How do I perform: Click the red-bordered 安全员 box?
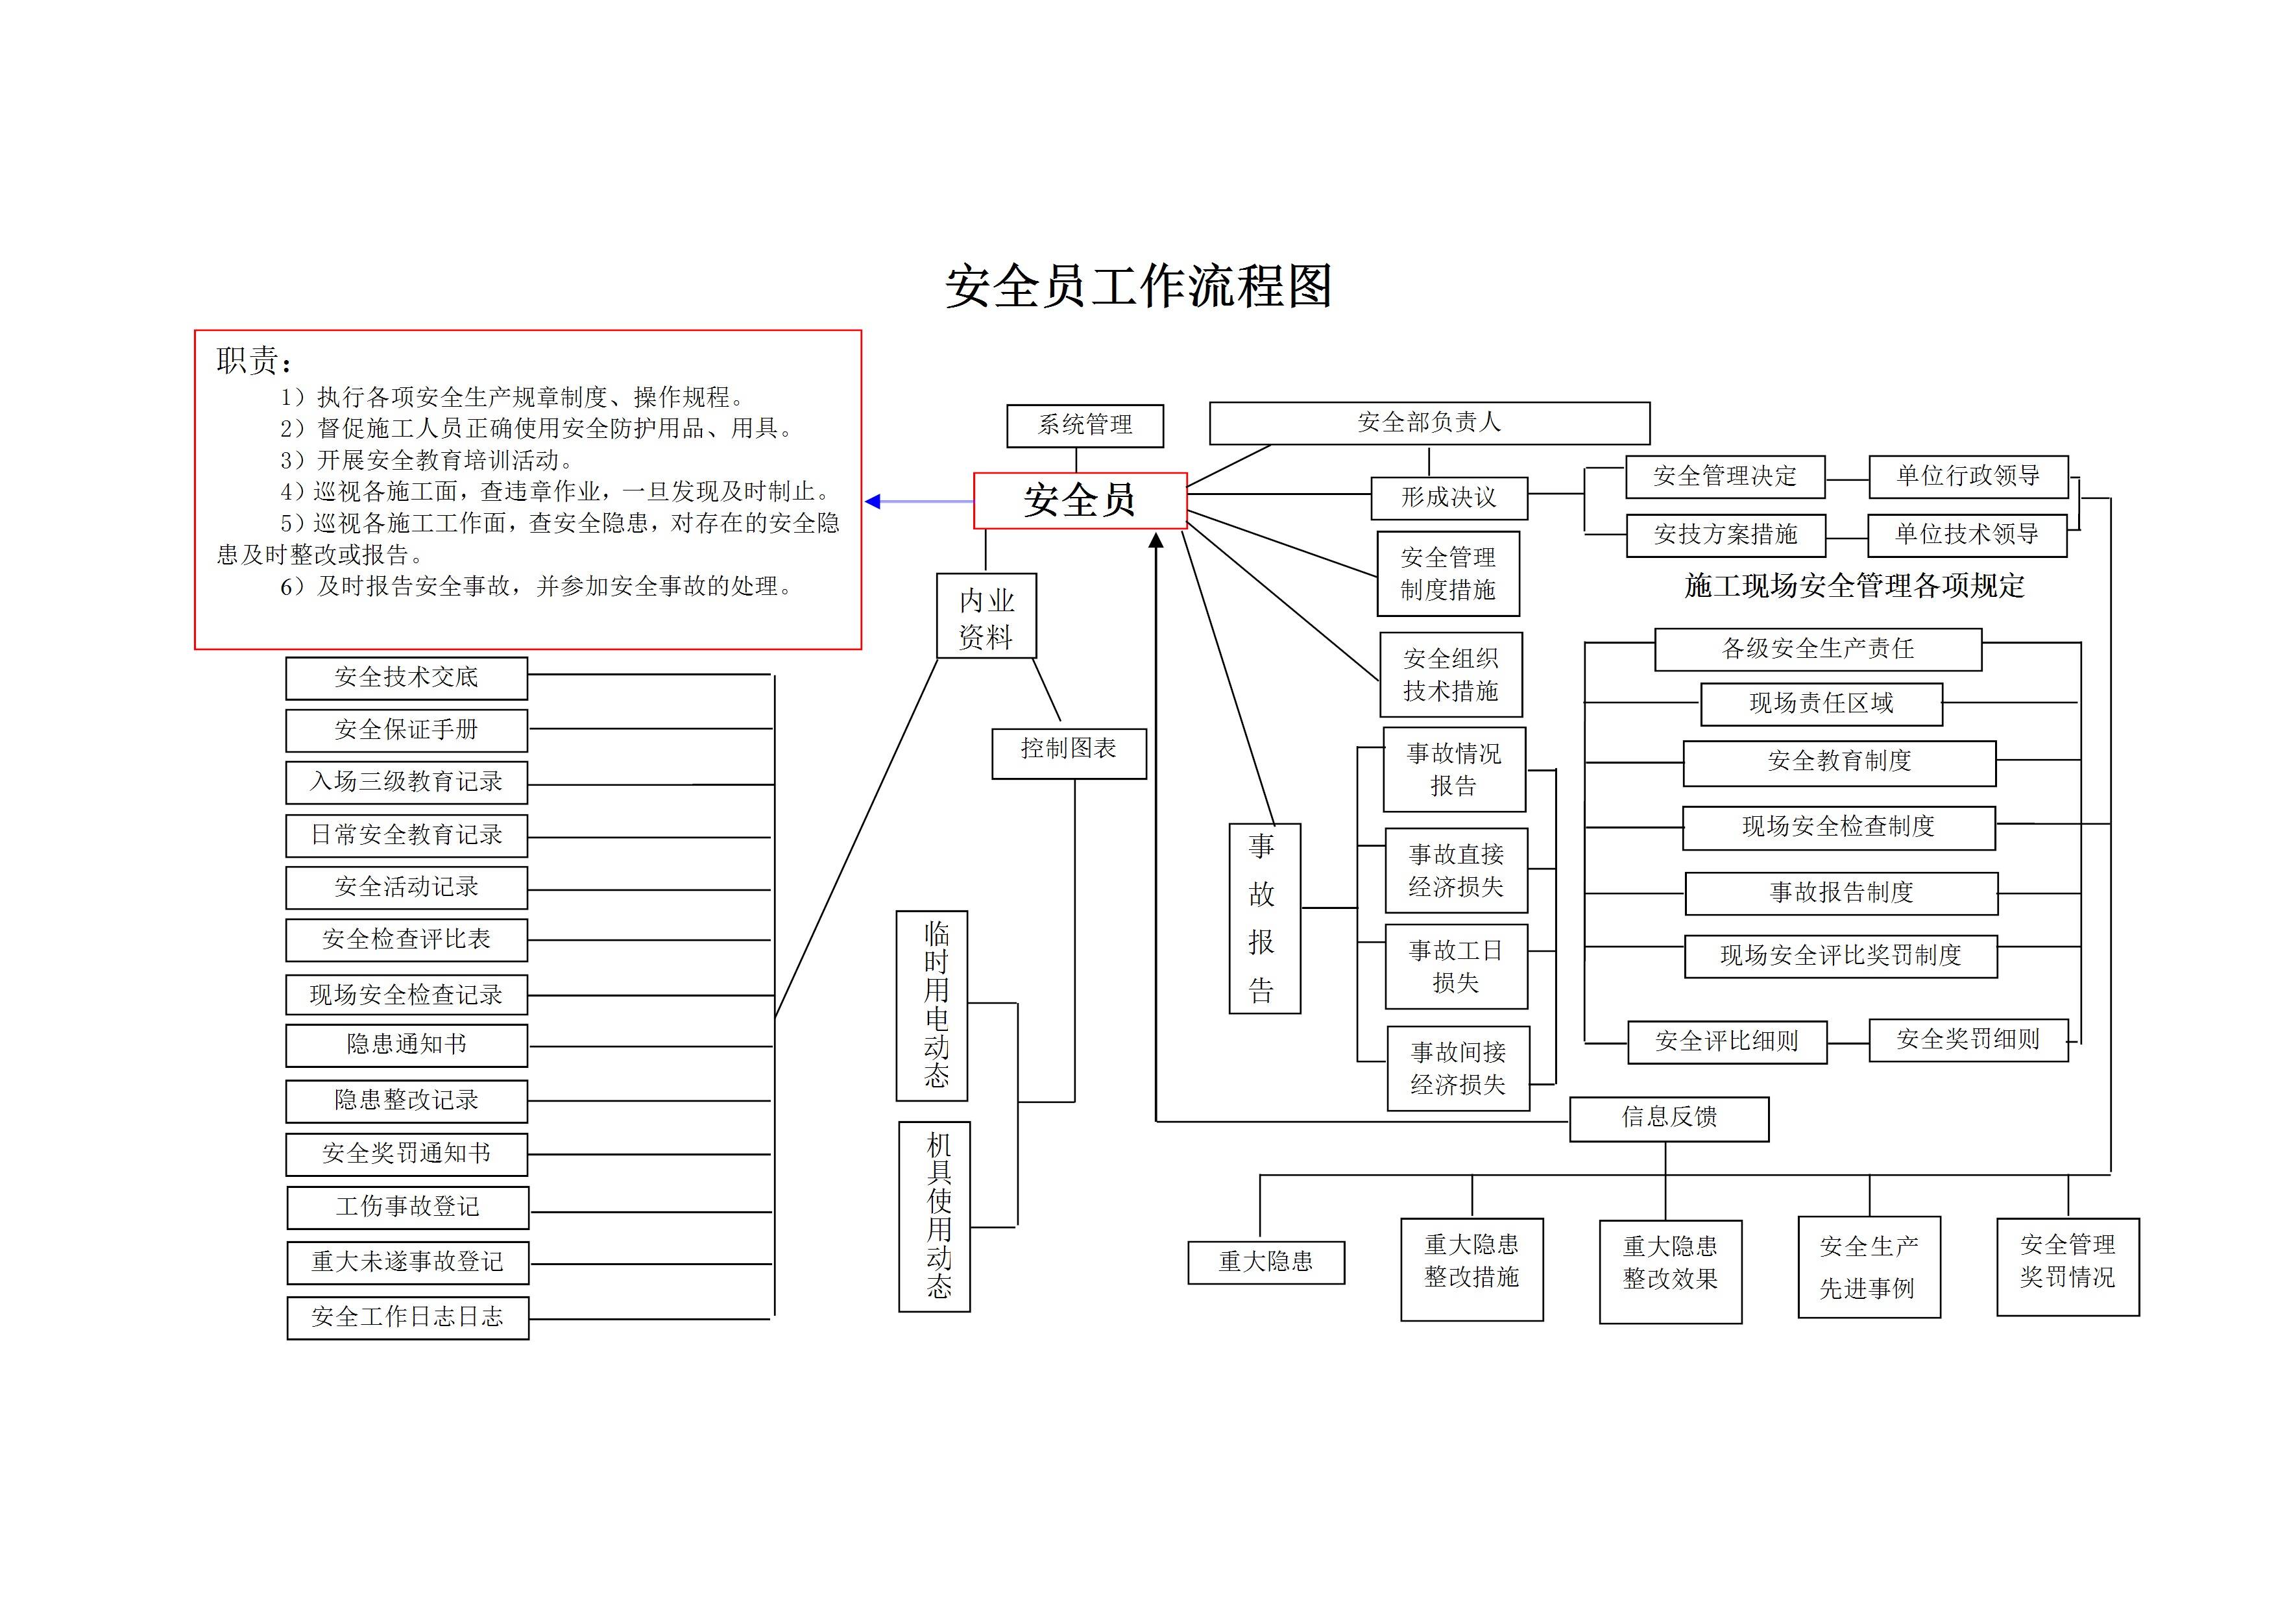pos(1080,501)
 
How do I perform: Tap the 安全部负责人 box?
pos(1429,423)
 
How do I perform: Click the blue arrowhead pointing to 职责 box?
pos(873,502)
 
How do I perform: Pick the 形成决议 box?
pos(1448,498)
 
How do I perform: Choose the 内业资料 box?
pos(986,616)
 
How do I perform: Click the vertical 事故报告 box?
pos(1264,918)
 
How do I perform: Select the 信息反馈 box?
pos(1668,1119)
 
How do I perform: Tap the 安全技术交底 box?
pos(406,678)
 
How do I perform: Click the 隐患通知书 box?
pos(406,1045)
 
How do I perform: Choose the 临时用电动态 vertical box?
pos(932,1005)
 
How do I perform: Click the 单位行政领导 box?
pos(1968,477)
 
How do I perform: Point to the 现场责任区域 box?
pos(1821,704)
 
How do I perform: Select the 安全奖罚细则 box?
pos(1968,1040)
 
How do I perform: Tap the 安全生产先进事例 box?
pos(1869,1267)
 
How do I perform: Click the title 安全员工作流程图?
pos(1138,287)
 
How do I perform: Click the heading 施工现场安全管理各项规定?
pos(1854,586)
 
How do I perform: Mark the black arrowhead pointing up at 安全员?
pos(1156,541)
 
